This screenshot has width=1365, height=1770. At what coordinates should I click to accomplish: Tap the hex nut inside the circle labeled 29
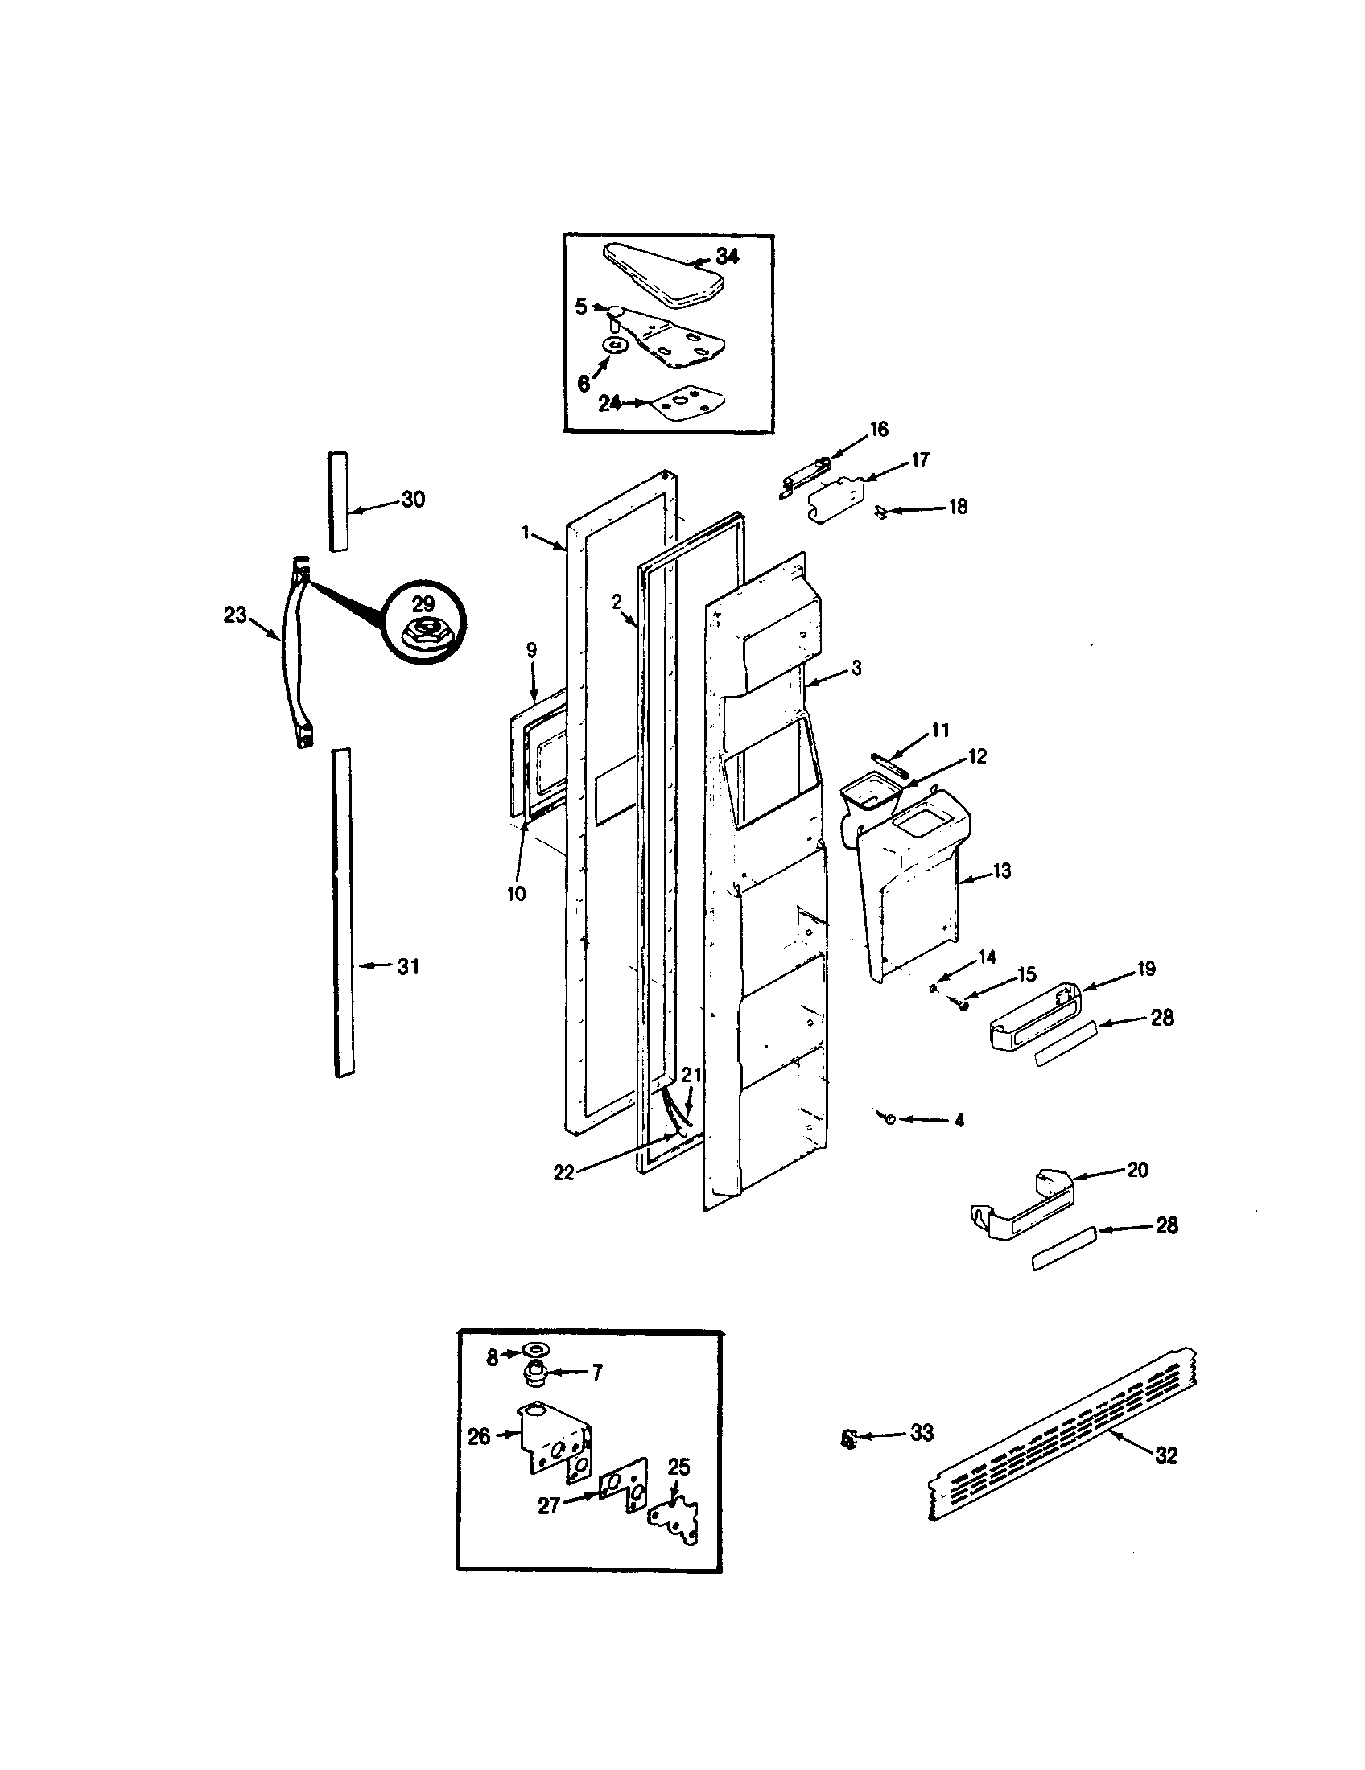423,631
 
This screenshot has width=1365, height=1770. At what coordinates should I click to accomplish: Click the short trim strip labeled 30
338,502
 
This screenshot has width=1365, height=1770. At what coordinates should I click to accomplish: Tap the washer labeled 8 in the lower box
534,1348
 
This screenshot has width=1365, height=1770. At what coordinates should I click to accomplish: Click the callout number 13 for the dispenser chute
1002,871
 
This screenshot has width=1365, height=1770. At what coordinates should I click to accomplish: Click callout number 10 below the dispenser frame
517,893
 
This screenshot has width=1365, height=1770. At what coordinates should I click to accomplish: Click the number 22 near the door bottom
563,1173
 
